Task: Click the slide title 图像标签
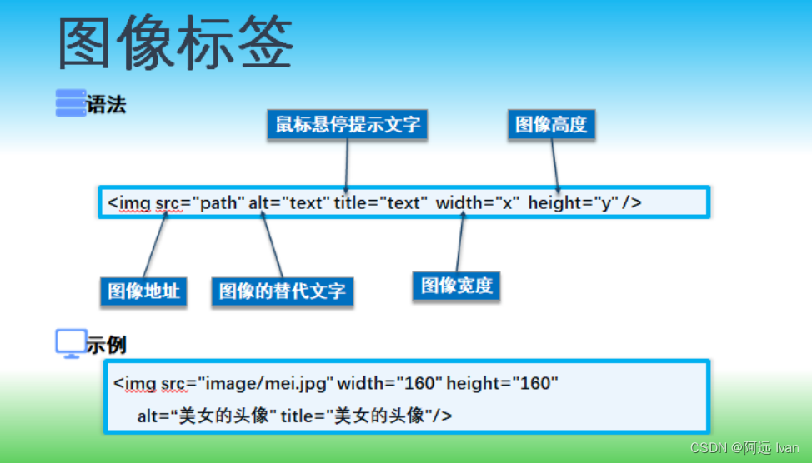tap(176, 43)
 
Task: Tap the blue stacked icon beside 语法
tap(70, 103)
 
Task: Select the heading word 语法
tap(107, 105)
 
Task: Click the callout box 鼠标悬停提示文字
tap(348, 125)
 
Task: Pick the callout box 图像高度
tap(551, 125)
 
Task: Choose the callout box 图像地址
tap(143, 291)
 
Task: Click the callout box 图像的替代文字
tap(282, 291)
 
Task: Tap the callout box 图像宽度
tap(456, 286)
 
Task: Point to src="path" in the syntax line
tap(200, 202)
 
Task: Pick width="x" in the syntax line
tap(478, 202)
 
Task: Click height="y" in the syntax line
tap(573, 202)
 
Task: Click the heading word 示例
tap(107, 344)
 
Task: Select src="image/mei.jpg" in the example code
tap(247, 384)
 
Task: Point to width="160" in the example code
tap(389, 384)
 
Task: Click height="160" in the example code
tap(501, 384)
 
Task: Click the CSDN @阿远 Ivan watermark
tap(744, 448)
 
